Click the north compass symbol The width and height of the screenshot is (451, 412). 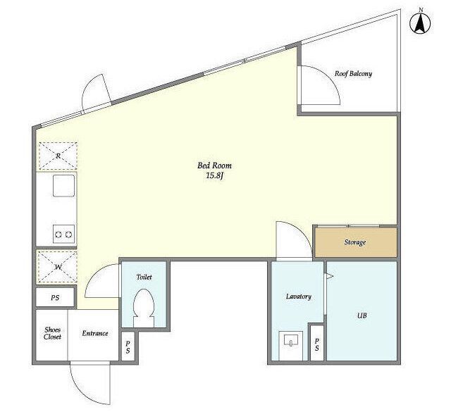click(420, 22)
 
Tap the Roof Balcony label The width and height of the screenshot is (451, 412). click(353, 74)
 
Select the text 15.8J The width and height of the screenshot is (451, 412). click(214, 175)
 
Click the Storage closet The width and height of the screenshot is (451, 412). click(356, 242)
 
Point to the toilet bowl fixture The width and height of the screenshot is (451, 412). click(144, 308)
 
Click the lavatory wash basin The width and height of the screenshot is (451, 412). click(291, 345)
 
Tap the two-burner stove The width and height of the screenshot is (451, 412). click(63, 235)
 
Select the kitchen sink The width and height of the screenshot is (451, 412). click(63, 186)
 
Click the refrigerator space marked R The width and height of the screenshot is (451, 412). click(58, 156)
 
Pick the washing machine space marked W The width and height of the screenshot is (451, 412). click(58, 267)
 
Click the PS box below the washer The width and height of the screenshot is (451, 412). click(55, 298)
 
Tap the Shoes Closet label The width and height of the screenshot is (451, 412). click(52, 333)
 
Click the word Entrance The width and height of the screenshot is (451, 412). click(95, 333)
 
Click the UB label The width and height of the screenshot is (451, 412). click(362, 316)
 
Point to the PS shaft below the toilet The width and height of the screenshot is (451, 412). click(128, 347)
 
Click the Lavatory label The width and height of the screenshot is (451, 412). click(298, 296)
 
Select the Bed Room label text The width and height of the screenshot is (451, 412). click(214, 166)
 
